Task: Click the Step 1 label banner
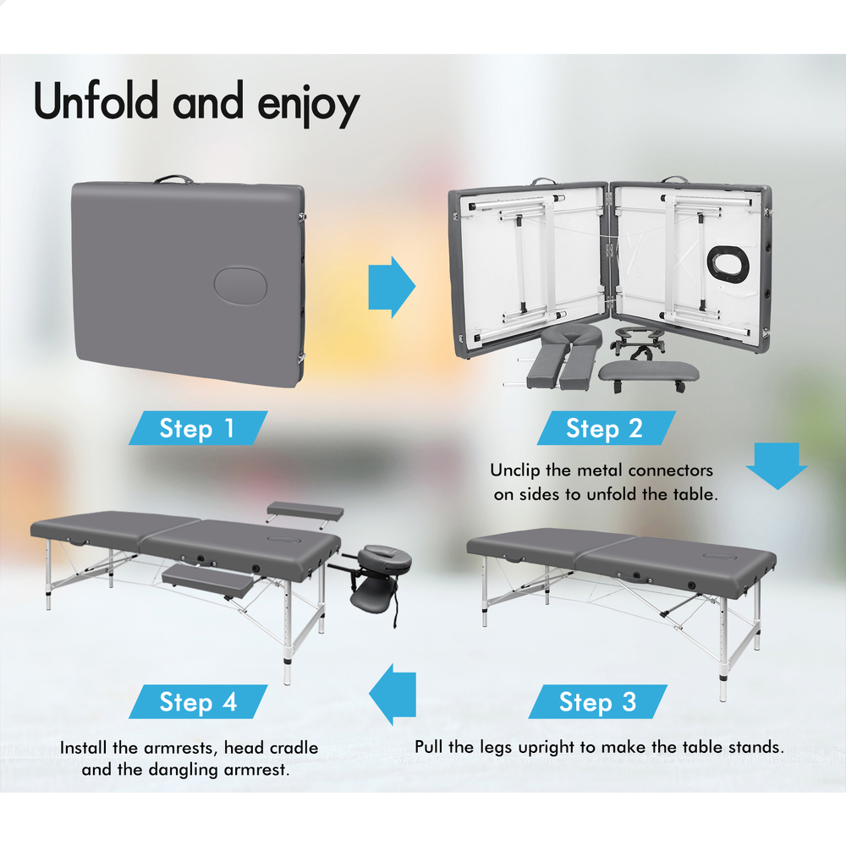point(198,428)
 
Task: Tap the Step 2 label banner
point(606,428)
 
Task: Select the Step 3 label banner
point(598,701)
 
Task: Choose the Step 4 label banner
point(198,701)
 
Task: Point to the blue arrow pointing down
point(777,466)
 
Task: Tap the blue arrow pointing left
point(393,695)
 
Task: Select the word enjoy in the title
point(309,105)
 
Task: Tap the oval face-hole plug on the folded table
point(240,285)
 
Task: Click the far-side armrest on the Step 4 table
point(305,511)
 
